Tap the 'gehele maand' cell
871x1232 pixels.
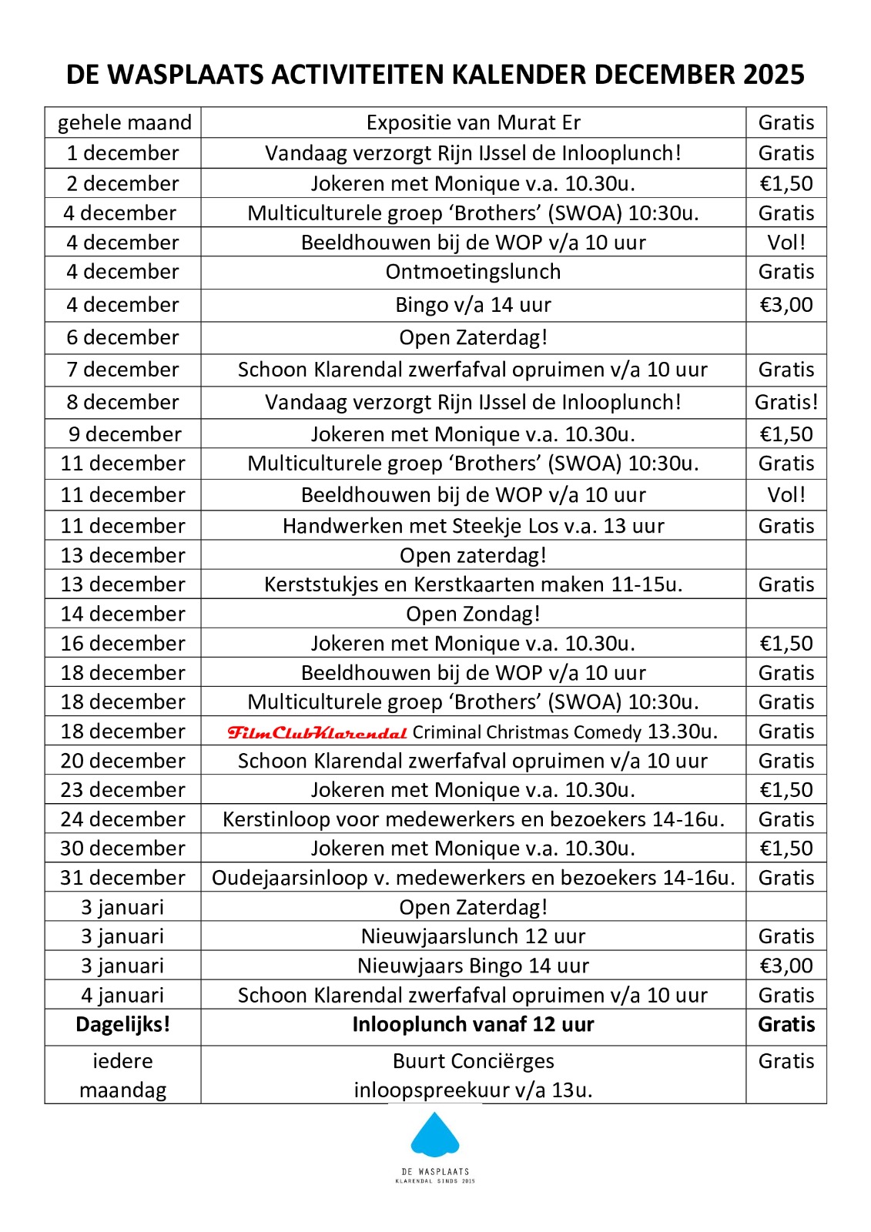pos(124,122)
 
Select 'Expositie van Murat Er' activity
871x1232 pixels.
pos(473,122)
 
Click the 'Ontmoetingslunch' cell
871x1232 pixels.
pos(473,272)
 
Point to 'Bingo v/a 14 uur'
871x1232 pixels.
pos(473,305)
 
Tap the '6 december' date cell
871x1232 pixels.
pos(122,337)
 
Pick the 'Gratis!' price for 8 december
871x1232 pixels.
pos(786,402)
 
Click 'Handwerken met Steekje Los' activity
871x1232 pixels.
pos(473,526)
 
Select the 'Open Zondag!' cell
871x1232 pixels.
pos(473,614)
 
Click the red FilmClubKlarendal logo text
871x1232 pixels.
pos(317,732)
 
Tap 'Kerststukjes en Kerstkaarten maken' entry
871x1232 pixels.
pos(473,584)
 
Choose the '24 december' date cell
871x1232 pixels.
pos(122,819)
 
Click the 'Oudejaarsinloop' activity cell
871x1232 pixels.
pos(473,878)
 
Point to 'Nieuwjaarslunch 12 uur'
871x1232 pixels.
pos(473,936)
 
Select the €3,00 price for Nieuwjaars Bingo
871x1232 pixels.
pos(786,966)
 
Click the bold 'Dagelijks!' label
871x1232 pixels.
pos(122,1025)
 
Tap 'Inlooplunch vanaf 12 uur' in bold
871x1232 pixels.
pos(473,1025)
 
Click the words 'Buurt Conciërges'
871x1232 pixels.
pos(473,1061)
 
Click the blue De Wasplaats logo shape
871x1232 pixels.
pos(435,1135)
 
